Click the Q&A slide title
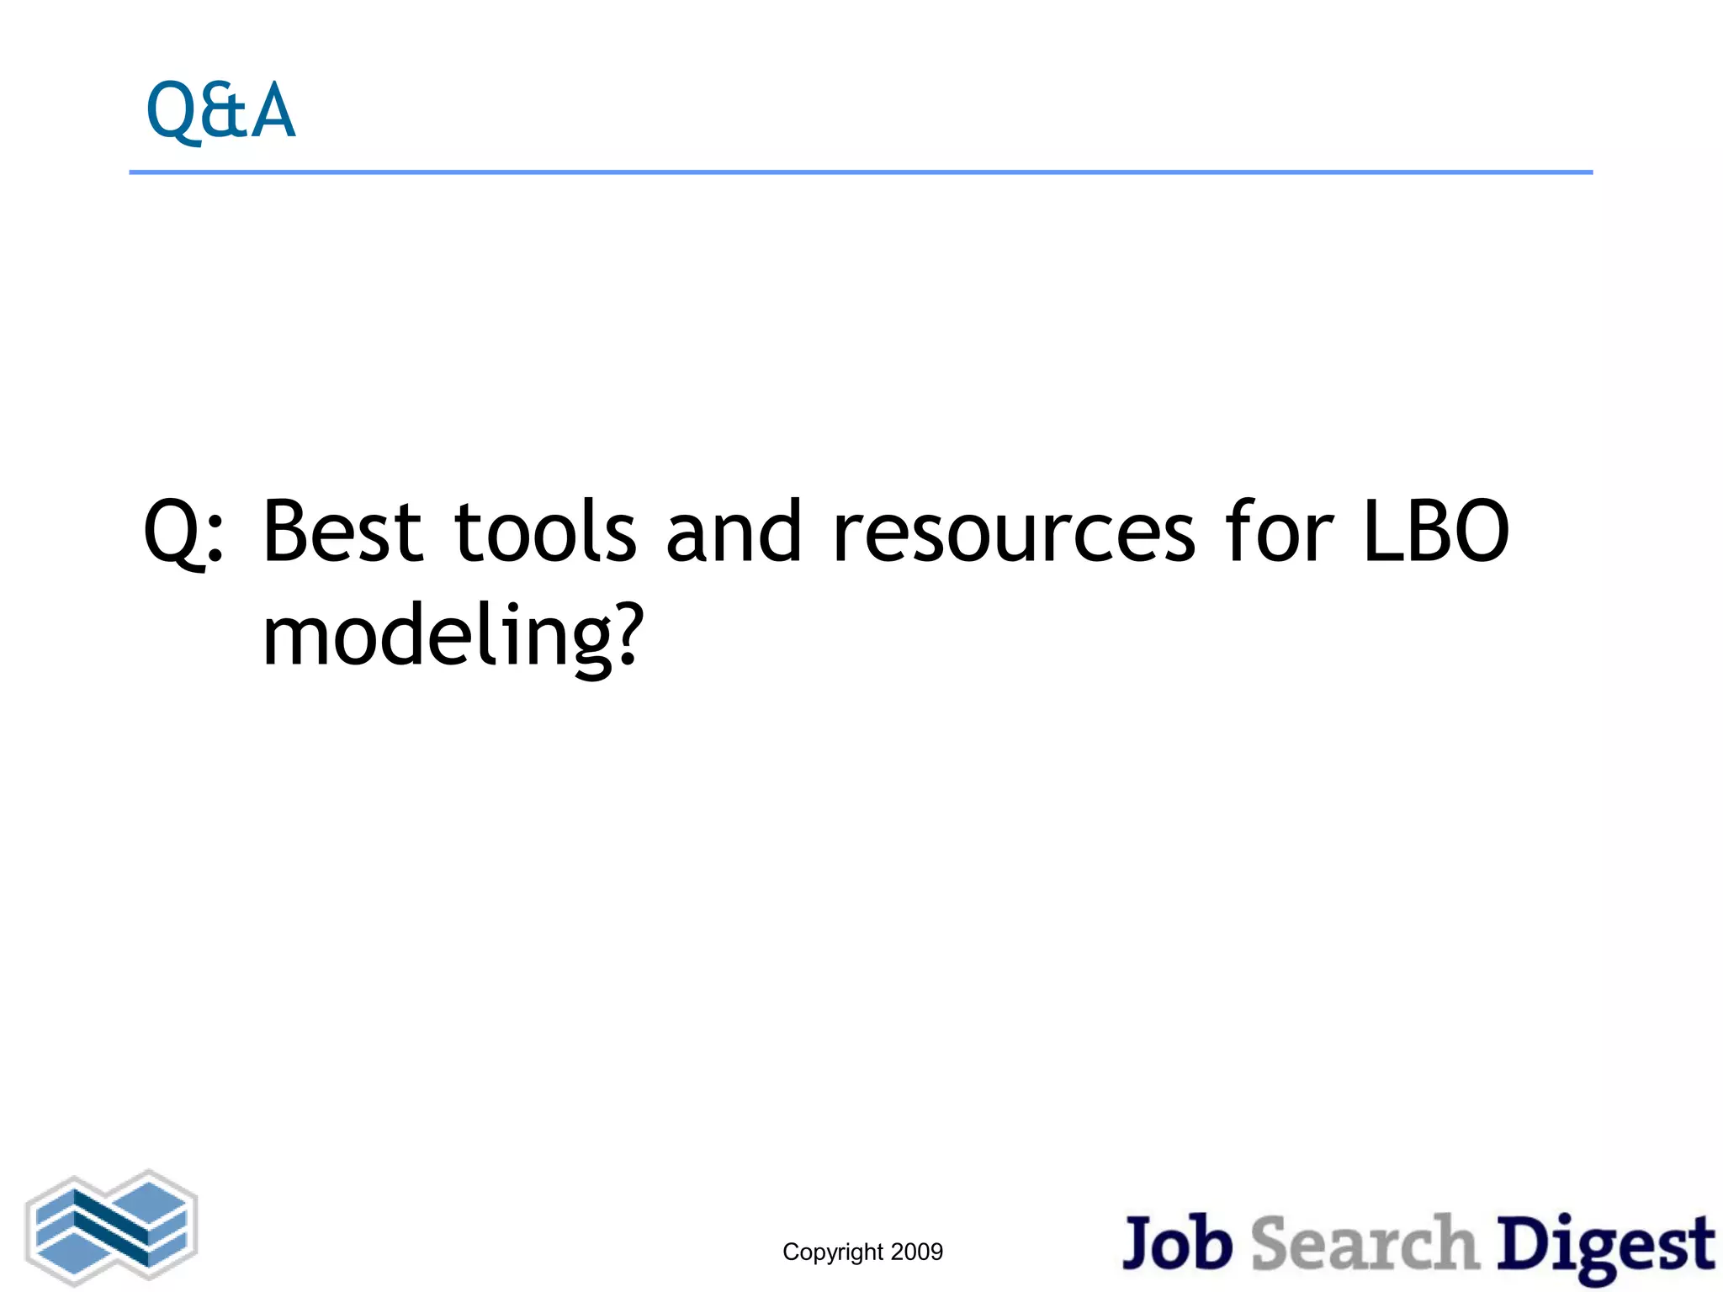[x=220, y=111]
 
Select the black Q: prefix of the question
[x=183, y=533]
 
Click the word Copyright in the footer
[x=833, y=1252]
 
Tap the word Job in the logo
[x=1177, y=1243]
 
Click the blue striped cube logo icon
[x=112, y=1227]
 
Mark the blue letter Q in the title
[x=173, y=112]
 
